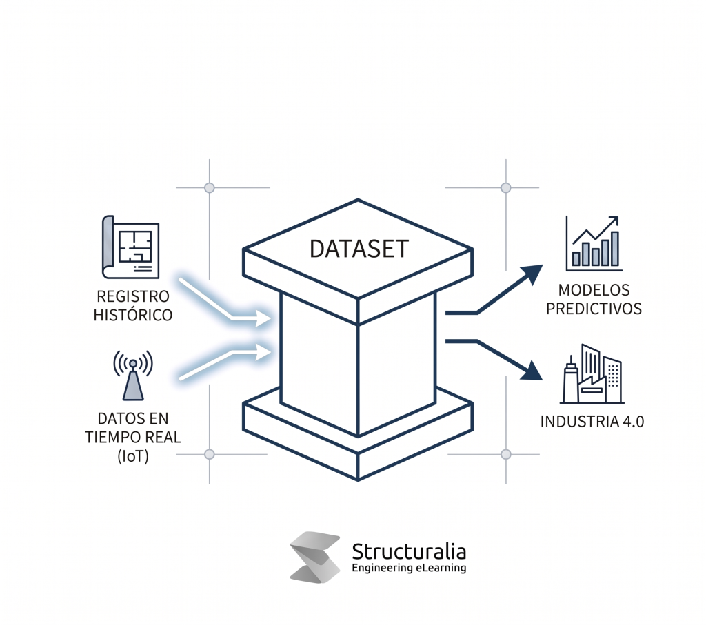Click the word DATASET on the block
(358, 249)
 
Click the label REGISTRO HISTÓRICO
(133, 306)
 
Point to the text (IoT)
(133, 455)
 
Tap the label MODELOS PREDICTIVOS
(594, 299)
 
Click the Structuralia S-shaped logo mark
(315, 557)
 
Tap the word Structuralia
(409, 551)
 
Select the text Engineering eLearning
(409, 568)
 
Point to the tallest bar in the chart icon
(614, 249)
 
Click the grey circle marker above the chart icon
(505, 187)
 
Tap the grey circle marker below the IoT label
(210, 454)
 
